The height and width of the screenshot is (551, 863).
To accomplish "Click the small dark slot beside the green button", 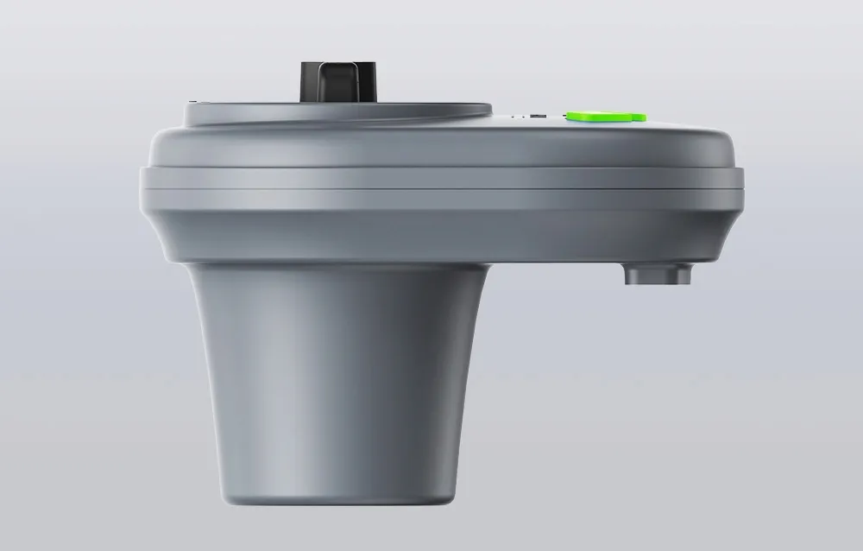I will (x=537, y=116).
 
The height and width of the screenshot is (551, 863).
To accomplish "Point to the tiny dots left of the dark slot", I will (x=518, y=116).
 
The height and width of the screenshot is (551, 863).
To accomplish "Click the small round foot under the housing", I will (x=658, y=275).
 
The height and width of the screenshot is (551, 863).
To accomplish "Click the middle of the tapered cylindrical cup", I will (x=337, y=380).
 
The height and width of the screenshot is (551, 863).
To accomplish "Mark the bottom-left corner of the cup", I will (x=222, y=497).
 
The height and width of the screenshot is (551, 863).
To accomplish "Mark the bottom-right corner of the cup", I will (x=452, y=497).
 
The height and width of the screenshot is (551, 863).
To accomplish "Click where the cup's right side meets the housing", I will (x=488, y=264).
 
